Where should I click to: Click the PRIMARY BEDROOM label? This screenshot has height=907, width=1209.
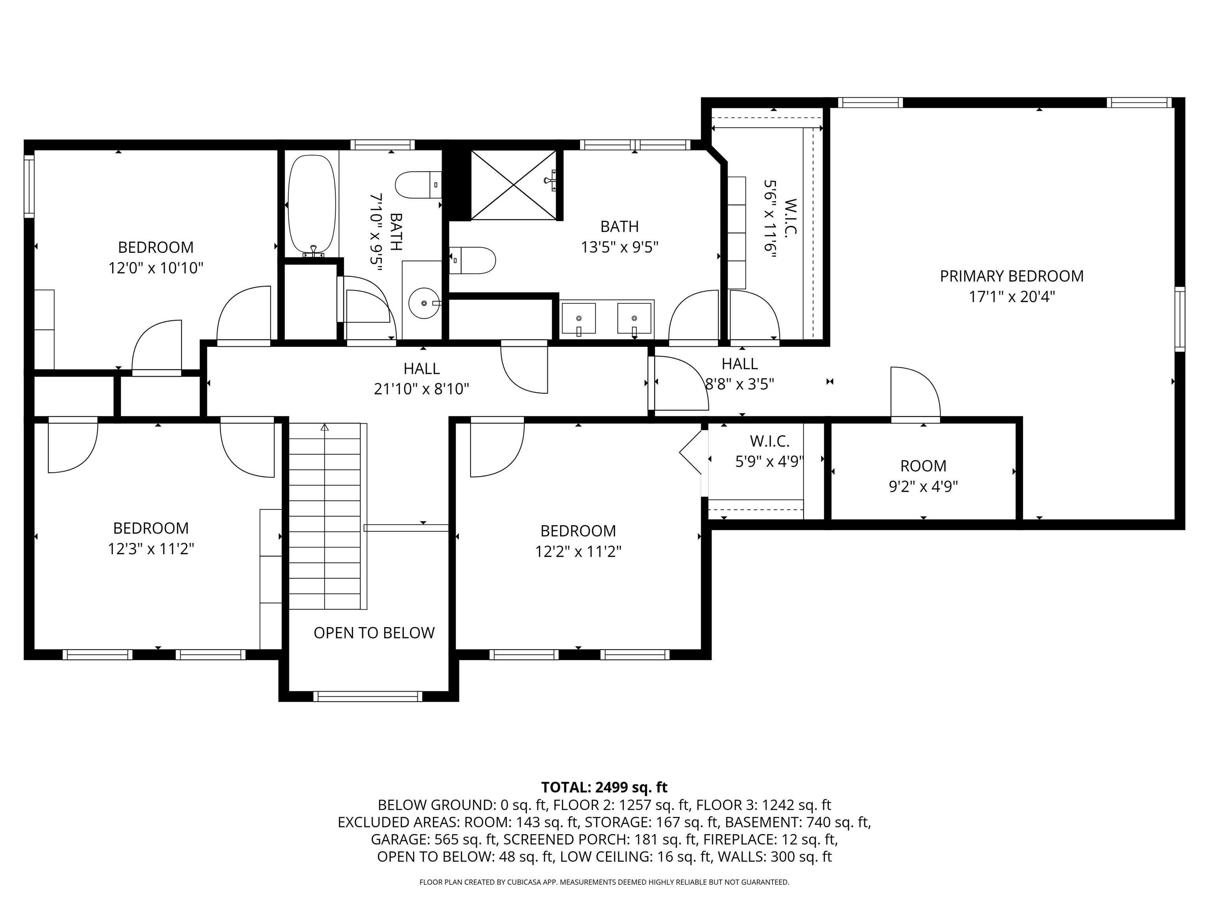pos(1012,276)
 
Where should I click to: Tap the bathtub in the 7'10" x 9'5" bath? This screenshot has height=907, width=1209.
pos(312,205)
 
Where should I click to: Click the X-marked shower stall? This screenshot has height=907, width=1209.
pos(513,185)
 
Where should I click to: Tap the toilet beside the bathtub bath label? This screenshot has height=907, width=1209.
pos(418,185)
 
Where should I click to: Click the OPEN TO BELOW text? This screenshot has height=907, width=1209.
pos(374,633)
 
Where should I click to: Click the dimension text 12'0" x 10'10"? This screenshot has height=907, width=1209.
pos(156,268)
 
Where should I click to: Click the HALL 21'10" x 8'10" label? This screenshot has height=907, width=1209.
pos(421,379)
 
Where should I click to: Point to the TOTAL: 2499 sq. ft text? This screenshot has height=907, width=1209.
pos(604,787)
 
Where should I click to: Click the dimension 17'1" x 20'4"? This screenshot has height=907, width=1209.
pos(1012,297)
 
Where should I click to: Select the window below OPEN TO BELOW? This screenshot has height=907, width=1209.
pos(368,696)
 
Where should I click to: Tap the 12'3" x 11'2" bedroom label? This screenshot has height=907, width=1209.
pos(151,539)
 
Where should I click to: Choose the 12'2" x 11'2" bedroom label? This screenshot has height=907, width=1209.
pos(578,541)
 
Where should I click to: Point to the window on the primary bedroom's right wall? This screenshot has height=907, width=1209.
pos(1180,319)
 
